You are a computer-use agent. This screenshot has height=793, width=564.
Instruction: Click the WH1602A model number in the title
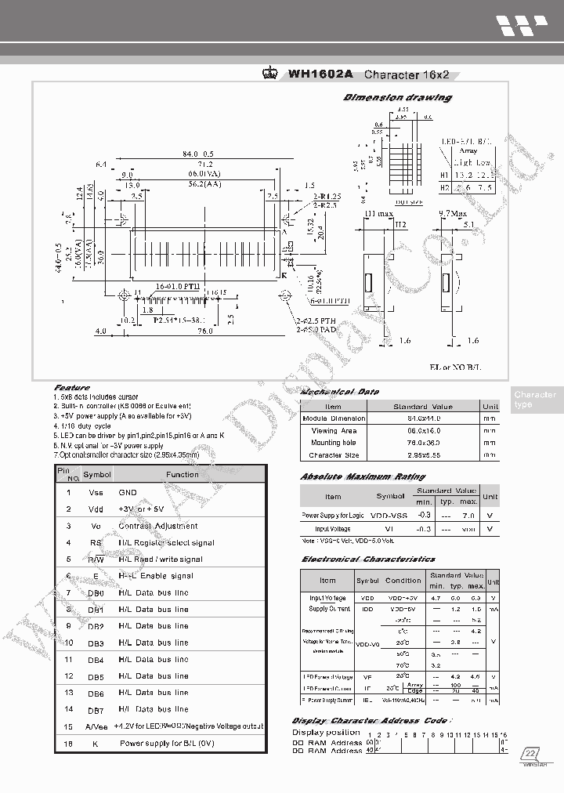(320, 75)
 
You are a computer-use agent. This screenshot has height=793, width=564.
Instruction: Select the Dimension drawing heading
(398, 98)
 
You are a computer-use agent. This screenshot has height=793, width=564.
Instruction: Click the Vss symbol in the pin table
(96, 492)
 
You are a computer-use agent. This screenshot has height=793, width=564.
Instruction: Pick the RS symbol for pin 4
(96, 542)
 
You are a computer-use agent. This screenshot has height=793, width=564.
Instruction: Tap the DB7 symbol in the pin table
(96, 710)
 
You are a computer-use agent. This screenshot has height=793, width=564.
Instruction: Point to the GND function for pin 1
(128, 492)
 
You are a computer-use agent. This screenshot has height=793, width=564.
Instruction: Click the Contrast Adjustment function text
(157, 526)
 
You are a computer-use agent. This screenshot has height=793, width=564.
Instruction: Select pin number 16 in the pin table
(69, 743)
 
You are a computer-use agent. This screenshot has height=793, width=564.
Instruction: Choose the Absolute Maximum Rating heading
(363, 476)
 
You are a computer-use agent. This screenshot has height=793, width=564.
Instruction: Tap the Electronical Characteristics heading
(368, 559)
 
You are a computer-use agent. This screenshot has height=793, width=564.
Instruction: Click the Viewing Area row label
(334, 430)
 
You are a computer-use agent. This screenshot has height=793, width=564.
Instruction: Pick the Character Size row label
(334, 454)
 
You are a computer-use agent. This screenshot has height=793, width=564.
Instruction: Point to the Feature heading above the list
(71, 387)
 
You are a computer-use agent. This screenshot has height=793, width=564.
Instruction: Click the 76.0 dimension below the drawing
(205, 331)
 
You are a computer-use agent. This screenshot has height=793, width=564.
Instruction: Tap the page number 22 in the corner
(531, 754)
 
